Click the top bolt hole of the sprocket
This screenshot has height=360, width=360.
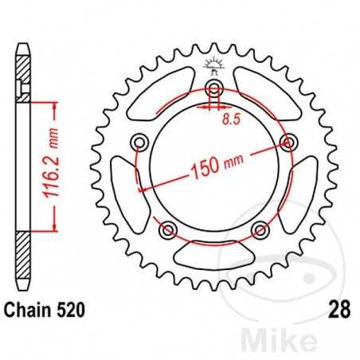click(213, 90)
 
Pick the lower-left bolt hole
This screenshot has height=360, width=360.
click(169, 229)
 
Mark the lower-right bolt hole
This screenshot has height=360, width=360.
click(258, 229)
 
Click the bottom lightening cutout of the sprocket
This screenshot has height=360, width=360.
click(213, 253)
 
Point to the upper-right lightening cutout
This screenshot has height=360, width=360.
click(265, 94)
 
